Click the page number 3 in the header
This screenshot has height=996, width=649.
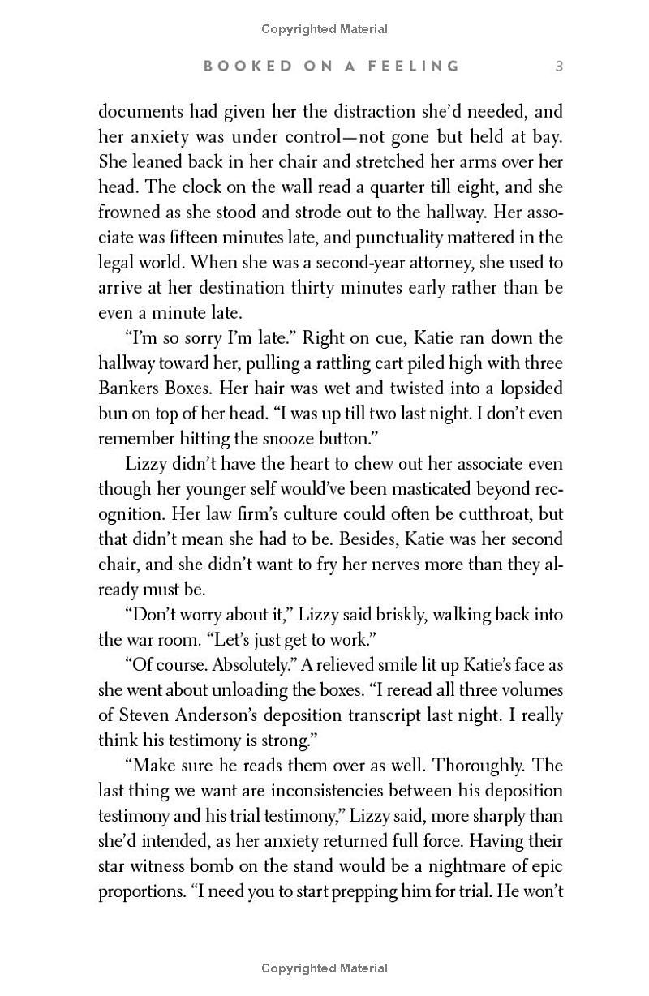(559, 66)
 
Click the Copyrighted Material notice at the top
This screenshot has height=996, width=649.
(324, 29)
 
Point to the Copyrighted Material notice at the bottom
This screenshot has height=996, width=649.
(324, 968)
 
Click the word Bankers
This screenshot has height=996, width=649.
(127, 388)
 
